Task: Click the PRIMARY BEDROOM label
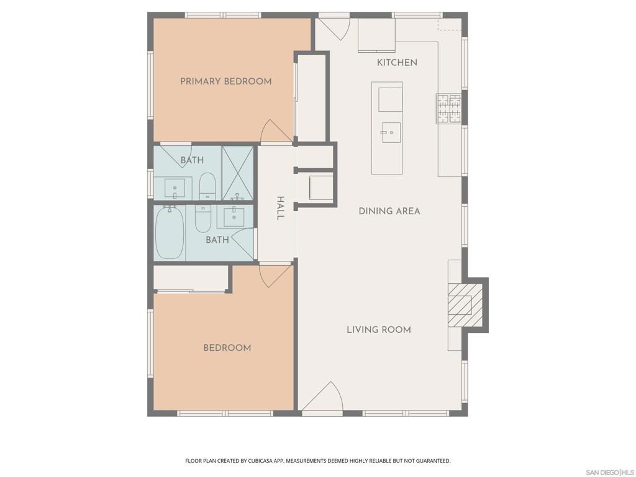point(226,81)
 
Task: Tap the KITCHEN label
point(397,63)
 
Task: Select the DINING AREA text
point(389,211)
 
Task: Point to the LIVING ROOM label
point(379,329)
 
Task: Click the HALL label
point(280,208)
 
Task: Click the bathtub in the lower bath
point(170,232)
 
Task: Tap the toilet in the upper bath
point(207,186)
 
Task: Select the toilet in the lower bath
point(203,218)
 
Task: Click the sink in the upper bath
point(175,189)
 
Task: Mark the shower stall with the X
point(237,173)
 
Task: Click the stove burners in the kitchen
point(448,108)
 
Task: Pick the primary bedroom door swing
point(276,132)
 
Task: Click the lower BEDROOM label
point(227,348)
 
